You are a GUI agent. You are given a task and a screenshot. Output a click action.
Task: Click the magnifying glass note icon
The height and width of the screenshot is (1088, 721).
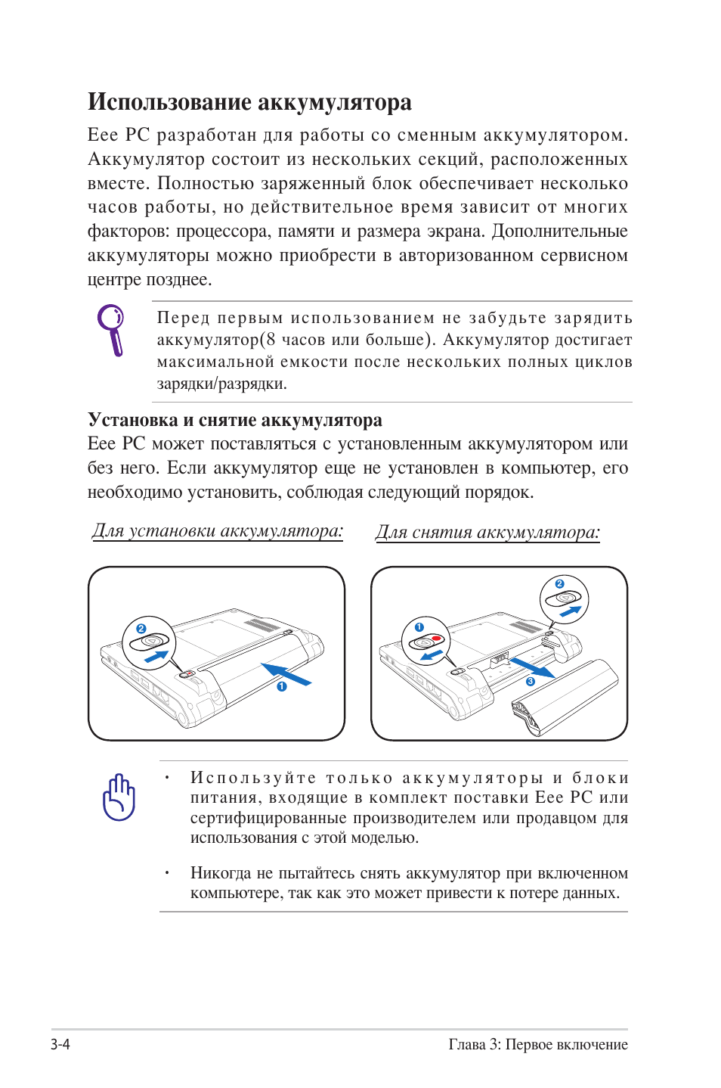(x=112, y=329)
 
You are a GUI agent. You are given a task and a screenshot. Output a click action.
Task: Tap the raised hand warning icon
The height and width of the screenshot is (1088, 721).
(x=119, y=797)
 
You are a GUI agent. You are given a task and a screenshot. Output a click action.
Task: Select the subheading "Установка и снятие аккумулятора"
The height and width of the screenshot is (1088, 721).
(x=234, y=420)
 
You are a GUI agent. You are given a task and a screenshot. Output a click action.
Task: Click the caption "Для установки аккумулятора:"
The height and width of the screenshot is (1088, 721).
(x=217, y=531)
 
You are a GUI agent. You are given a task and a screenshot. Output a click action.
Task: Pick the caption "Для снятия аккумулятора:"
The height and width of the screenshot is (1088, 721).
(x=487, y=533)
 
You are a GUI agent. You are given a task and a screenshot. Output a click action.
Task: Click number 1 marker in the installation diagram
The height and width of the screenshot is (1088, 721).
(x=282, y=686)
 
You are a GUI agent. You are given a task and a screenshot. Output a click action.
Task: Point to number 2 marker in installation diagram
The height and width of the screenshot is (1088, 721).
(x=141, y=629)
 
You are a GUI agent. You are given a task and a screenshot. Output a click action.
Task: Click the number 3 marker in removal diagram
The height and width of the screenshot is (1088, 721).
(x=531, y=681)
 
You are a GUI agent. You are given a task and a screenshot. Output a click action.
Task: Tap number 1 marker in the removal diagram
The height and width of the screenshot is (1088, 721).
(x=419, y=627)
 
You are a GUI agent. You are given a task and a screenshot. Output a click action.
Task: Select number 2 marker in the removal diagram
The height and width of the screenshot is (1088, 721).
(x=559, y=583)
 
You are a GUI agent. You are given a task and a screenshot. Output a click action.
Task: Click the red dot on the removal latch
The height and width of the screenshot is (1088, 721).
(x=436, y=639)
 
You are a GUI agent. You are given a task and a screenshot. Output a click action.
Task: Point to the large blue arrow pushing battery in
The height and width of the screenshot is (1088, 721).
(x=286, y=673)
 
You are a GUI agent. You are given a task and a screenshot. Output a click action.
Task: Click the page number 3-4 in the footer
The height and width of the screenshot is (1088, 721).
(x=60, y=1044)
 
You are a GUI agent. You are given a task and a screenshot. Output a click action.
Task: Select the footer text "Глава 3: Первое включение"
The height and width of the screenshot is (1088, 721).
(x=537, y=1044)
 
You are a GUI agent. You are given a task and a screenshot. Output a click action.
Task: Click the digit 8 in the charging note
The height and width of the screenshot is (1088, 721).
(x=271, y=340)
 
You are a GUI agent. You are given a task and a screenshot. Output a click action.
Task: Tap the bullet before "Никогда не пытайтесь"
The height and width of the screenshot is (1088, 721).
(x=167, y=873)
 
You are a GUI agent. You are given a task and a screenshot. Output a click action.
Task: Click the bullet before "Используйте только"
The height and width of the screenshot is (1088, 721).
(x=167, y=778)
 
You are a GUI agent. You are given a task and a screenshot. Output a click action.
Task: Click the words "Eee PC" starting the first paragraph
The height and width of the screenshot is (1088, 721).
(x=119, y=135)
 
